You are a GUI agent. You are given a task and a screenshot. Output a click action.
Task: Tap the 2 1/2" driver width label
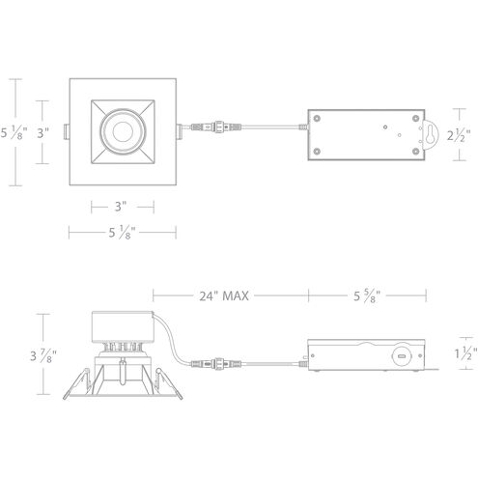(x=460, y=137)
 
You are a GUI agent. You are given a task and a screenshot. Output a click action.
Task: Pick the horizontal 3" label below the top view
(x=121, y=205)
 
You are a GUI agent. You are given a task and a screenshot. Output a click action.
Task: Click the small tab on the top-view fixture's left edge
(x=65, y=129)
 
